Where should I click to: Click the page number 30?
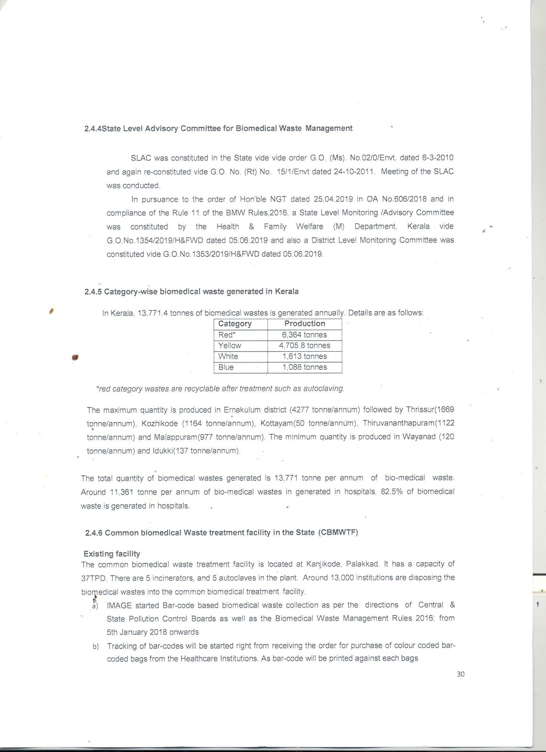(x=461, y=674)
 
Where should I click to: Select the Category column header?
(x=235, y=324)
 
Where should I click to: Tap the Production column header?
(x=304, y=324)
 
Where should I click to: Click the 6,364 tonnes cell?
(x=304, y=335)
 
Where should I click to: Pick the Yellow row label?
(x=230, y=345)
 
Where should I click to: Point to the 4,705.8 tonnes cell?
(x=304, y=345)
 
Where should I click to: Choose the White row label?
(x=228, y=356)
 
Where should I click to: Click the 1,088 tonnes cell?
(x=304, y=367)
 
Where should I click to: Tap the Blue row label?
(x=226, y=367)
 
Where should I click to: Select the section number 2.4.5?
(x=93, y=292)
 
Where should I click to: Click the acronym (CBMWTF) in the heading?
(x=338, y=532)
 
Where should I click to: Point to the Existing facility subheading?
(x=112, y=554)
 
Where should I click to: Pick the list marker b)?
(x=96, y=647)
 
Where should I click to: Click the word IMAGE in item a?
(x=119, y=605)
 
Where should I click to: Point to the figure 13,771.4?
(x=152, y=313)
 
